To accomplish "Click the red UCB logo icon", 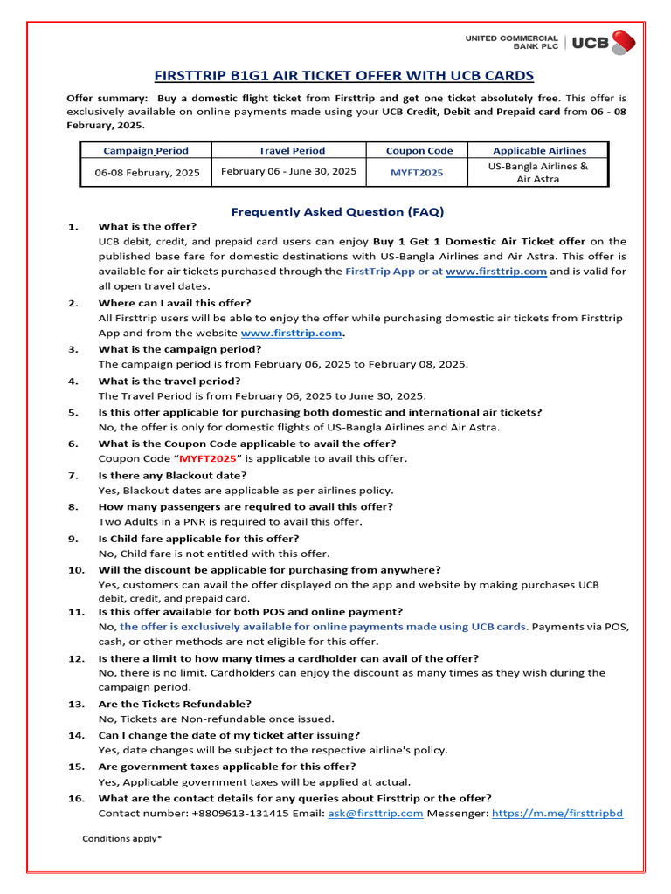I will coord(623,42).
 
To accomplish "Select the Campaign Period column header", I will coord(146,151).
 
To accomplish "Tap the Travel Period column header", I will coord(291,151).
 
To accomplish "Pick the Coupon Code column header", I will coord(416,151).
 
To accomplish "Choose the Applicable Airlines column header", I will coord(539,151).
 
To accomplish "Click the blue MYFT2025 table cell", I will coord(416,173).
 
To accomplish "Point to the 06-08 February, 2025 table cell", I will coord(147,173).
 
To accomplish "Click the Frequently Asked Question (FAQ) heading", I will coord(336,211).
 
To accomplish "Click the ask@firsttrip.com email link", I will coord(375,814).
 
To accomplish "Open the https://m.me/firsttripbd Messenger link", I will coord(557,814).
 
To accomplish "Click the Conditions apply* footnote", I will coord(122,839).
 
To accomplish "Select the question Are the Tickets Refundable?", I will coord(175,704).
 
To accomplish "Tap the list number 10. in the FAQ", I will coord(76,570).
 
